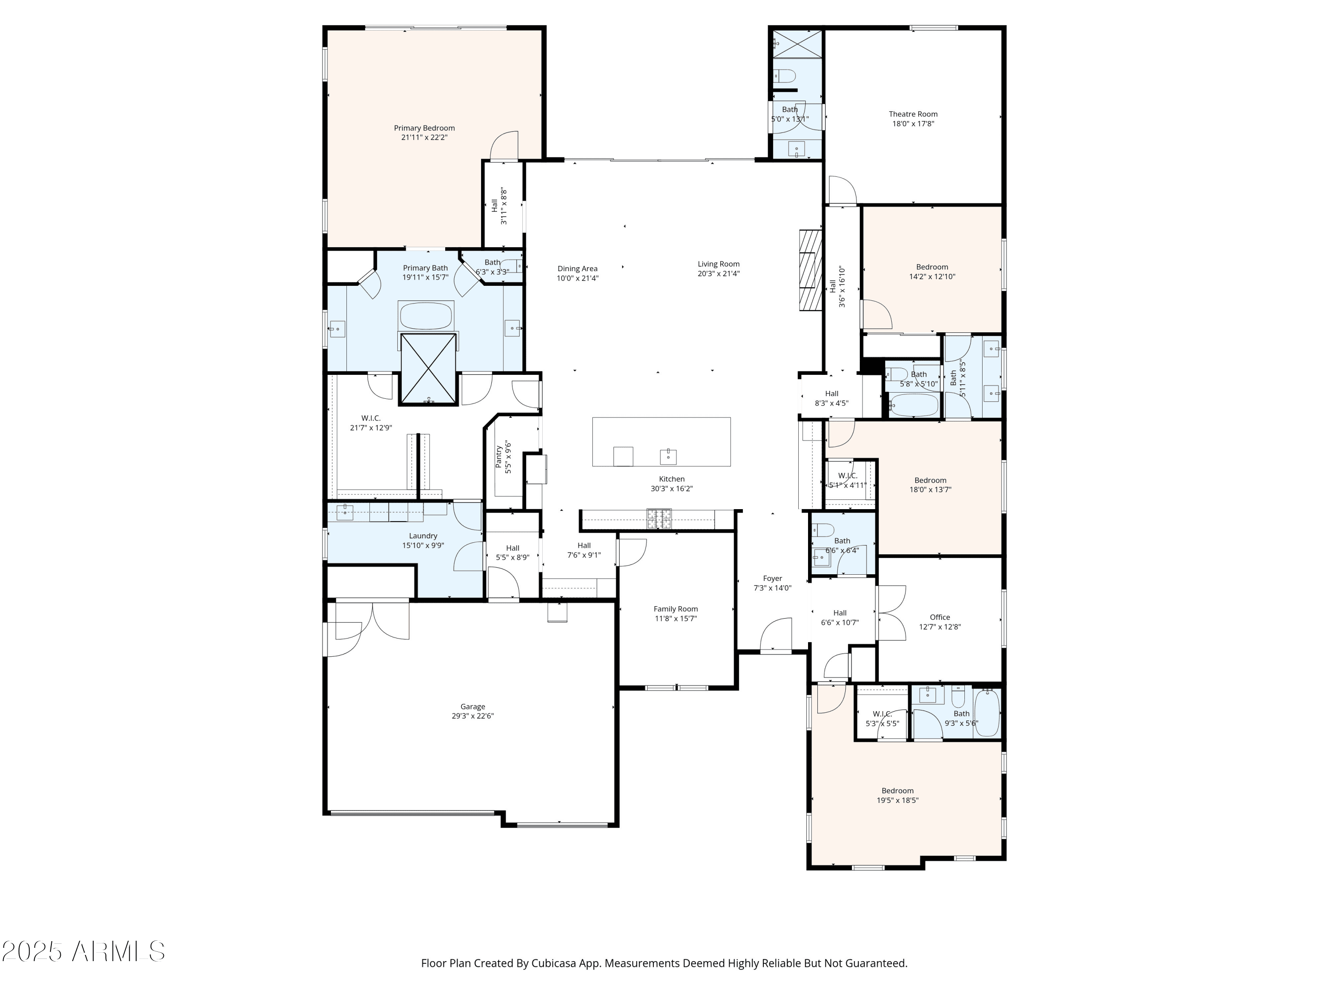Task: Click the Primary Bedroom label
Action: coord(424,128)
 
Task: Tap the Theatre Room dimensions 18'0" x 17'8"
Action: coord(913,124)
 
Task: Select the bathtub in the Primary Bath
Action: coord(425,316)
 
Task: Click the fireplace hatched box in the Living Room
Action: coord(810,270)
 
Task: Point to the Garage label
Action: coord(473,707)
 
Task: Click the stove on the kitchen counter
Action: coord(659,518)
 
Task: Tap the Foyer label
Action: coord(773,579)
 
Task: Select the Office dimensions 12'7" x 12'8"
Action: coord(940,627)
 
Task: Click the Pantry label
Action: coord(499,457)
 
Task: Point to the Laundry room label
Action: coord(423,536)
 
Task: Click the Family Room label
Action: coord(676,609)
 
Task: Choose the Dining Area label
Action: coord(577,269)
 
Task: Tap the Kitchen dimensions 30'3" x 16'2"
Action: coord(672,489)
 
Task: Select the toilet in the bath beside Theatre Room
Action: coord(785,76)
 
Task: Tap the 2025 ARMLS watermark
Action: coord(84,951)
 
